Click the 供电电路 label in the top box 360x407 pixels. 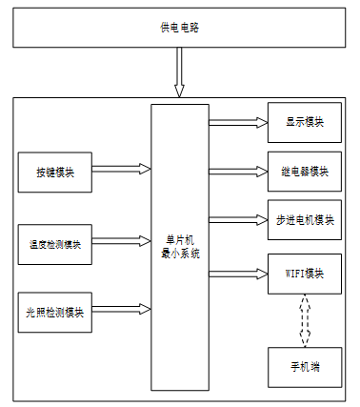(x=179, y=28)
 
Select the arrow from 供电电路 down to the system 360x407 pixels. (x=179, y=72)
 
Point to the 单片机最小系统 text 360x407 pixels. (x=180, y=247)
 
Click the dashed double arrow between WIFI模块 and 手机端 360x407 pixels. (x=305, y=320)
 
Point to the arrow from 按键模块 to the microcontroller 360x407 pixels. (x=121, y=169)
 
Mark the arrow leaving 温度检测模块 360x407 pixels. (x=121, y=241)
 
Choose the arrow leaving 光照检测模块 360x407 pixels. (x=121, y=309)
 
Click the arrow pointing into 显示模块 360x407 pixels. (x=238, y=122)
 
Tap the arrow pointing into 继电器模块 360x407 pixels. (x=238, y=172)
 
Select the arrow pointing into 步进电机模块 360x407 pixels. (x=238, y=220)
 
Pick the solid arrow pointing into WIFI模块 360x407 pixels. (x=238, y=274)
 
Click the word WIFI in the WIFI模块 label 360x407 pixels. (x=295, y=274)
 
